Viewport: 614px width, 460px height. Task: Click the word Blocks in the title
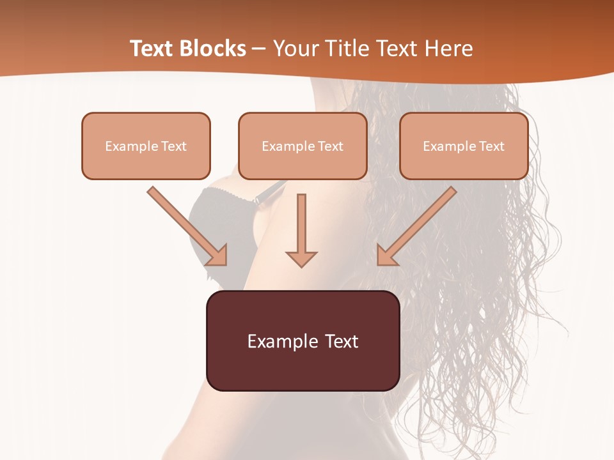(214, 49)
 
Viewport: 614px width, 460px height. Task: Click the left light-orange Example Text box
(146, 146)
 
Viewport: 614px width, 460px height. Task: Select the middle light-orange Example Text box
(303, 146)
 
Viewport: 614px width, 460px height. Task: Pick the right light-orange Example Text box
(464, 146)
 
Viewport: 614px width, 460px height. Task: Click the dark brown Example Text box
(303, 341)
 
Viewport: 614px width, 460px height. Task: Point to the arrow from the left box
(185, 225)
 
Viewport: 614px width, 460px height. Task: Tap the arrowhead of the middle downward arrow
(301, 259)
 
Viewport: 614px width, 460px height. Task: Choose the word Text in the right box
(491, 146)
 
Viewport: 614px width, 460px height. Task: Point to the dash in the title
(259, 49)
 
